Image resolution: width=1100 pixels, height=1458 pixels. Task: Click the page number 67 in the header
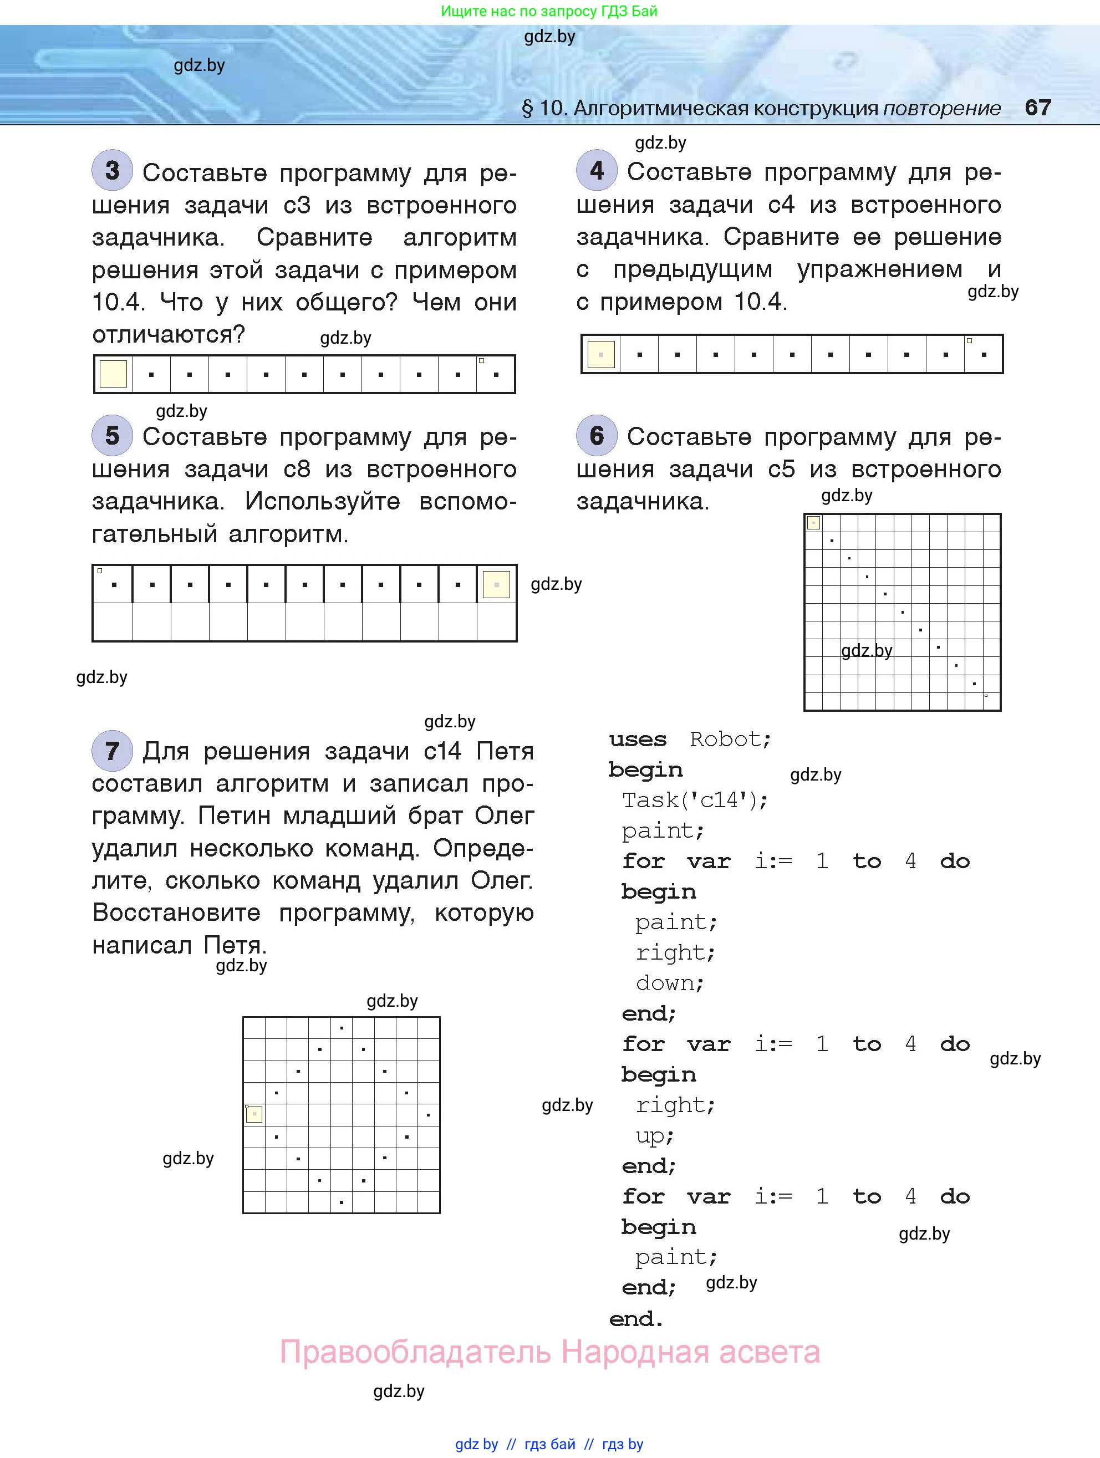(x=1037, y=108)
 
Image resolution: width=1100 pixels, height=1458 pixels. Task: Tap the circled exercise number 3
(x=112, y=171)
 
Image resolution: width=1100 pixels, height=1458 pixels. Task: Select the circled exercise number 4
(x=597, y=171)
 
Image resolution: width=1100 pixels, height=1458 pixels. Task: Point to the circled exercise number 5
(x=112, y=436)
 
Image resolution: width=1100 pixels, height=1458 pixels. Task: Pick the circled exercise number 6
(x=597, y=436)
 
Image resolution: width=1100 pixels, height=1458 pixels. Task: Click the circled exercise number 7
(x=112, y=751)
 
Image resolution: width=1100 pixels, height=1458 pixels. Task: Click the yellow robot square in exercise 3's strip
(x=113, y=374)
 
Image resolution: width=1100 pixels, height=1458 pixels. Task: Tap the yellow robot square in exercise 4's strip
(x=600, y=354)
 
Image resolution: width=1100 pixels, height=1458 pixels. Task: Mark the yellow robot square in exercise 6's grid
(x=814, y=523)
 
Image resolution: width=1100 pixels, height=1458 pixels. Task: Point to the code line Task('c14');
(x=695, y=800)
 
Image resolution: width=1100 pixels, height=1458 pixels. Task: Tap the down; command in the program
(x=670, y=983)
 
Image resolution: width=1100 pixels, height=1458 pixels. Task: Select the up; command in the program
(x=654, y=1136)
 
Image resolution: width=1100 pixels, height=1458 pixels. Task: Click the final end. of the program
(x=636, y=1318)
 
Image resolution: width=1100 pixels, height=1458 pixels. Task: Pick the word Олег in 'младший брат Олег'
(x=504, y=816)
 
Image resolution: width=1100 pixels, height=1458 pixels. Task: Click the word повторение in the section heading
(x=941, y=108)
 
